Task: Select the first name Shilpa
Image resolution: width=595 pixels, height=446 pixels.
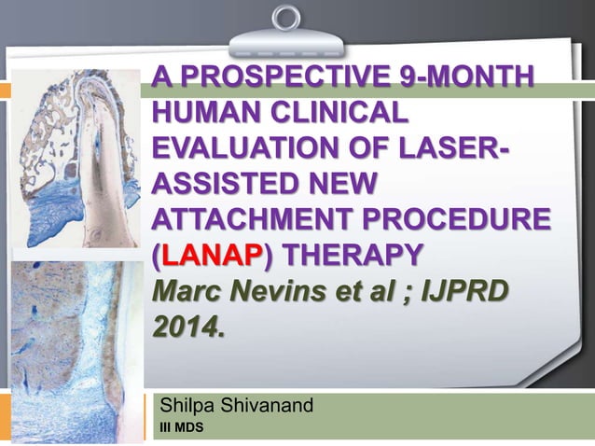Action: (189, 406)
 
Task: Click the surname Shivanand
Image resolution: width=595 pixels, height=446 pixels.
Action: (270, 406)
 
